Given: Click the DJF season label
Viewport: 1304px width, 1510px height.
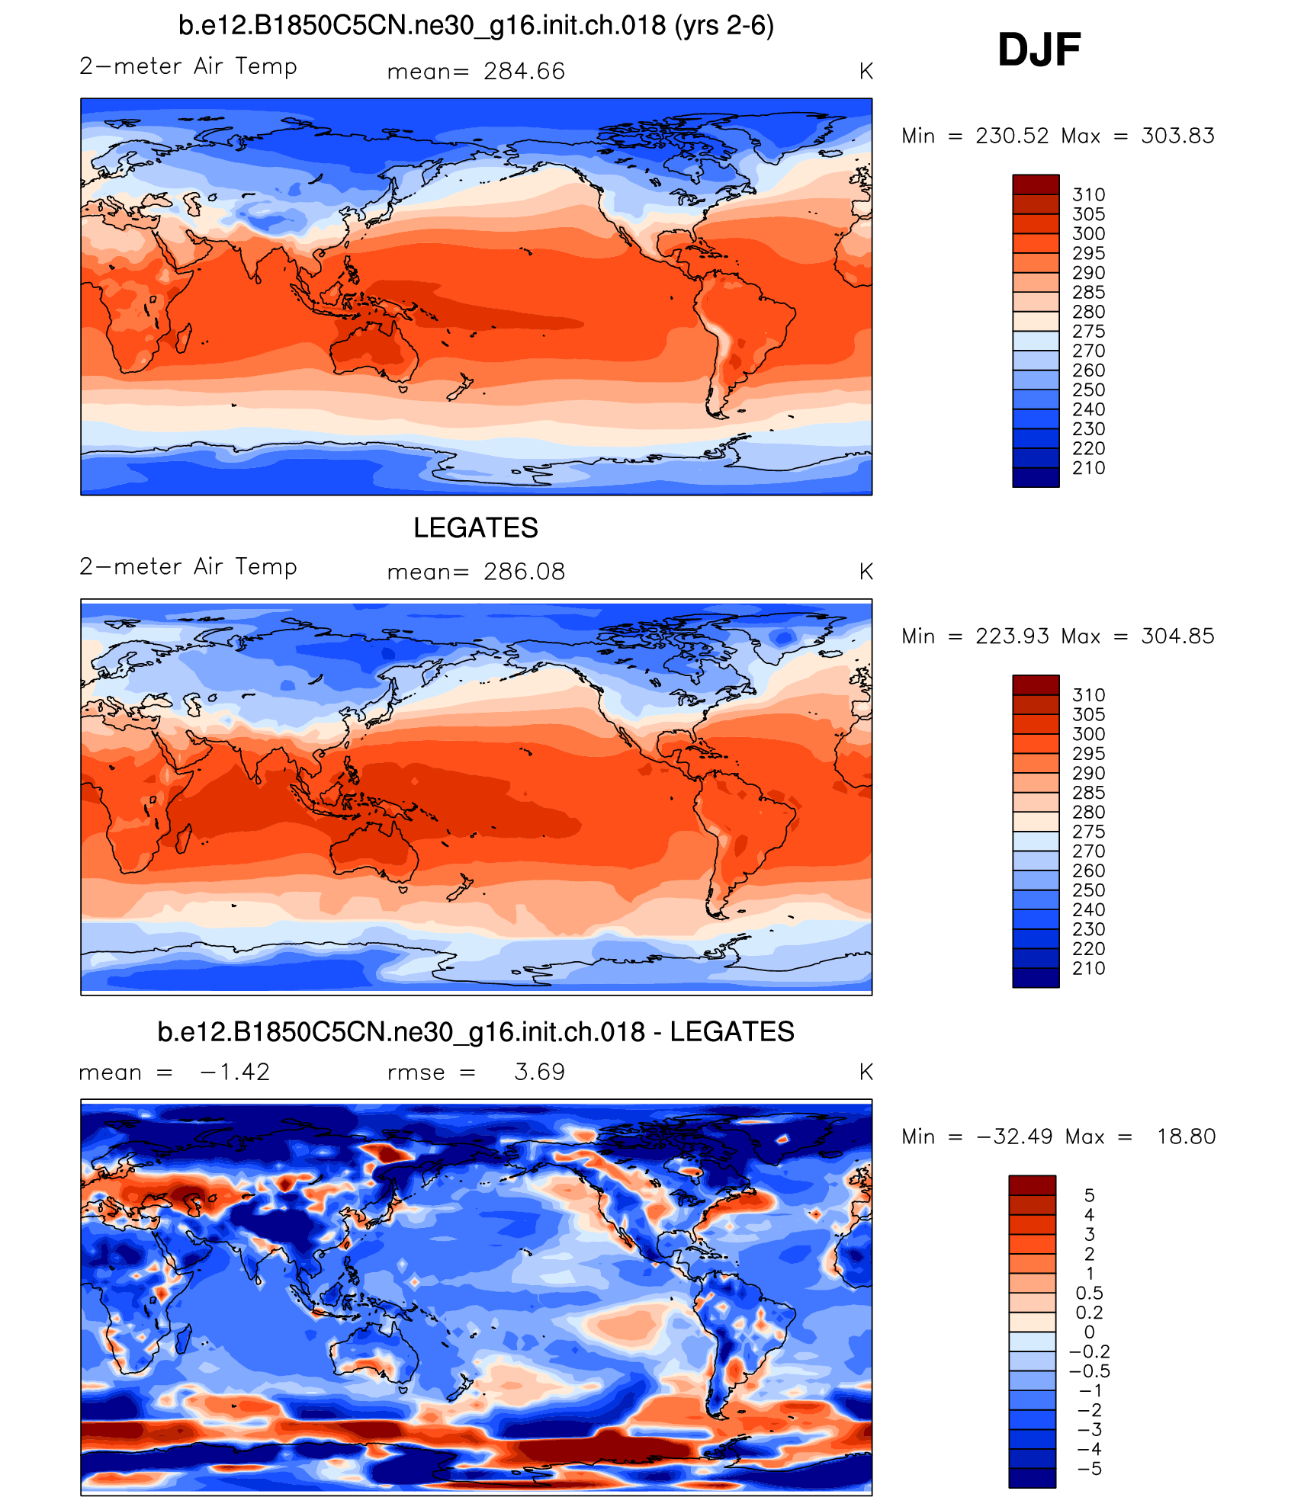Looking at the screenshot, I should (x=1039, y=50).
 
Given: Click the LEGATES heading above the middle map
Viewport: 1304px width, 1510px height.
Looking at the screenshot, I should (x=476, y=527).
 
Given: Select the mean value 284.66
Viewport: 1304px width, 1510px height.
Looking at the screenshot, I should (x=524, y=72).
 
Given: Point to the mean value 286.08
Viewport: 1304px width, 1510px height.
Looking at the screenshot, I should (x=524, y=572).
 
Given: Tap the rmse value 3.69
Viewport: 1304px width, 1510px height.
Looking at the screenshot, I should (x=539, y=1072).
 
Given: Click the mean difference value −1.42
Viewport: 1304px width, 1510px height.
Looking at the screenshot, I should (x=235, y=1072).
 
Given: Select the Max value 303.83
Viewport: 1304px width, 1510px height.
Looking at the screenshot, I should (x=1177, y=136).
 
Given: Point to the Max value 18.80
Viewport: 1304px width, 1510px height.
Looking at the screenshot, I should (x=1186, y=1137).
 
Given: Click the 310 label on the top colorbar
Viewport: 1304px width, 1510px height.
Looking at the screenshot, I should (x=1088, y=194).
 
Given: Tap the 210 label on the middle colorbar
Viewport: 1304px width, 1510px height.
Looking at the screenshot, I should (x=1088, y=969).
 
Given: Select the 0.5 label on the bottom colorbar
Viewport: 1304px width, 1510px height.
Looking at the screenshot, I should (x=1089, y=1293).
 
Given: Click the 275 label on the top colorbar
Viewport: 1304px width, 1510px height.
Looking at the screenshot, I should (x=1088, y=332).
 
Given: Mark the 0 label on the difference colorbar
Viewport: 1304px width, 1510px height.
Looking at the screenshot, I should (x=1089, y=1332).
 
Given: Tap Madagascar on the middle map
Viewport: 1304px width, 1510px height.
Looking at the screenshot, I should (x=184, y=838).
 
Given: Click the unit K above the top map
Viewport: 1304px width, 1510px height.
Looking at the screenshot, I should (x=866, y=72).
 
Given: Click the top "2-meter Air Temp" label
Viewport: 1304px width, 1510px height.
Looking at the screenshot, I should (x=188, y=66).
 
